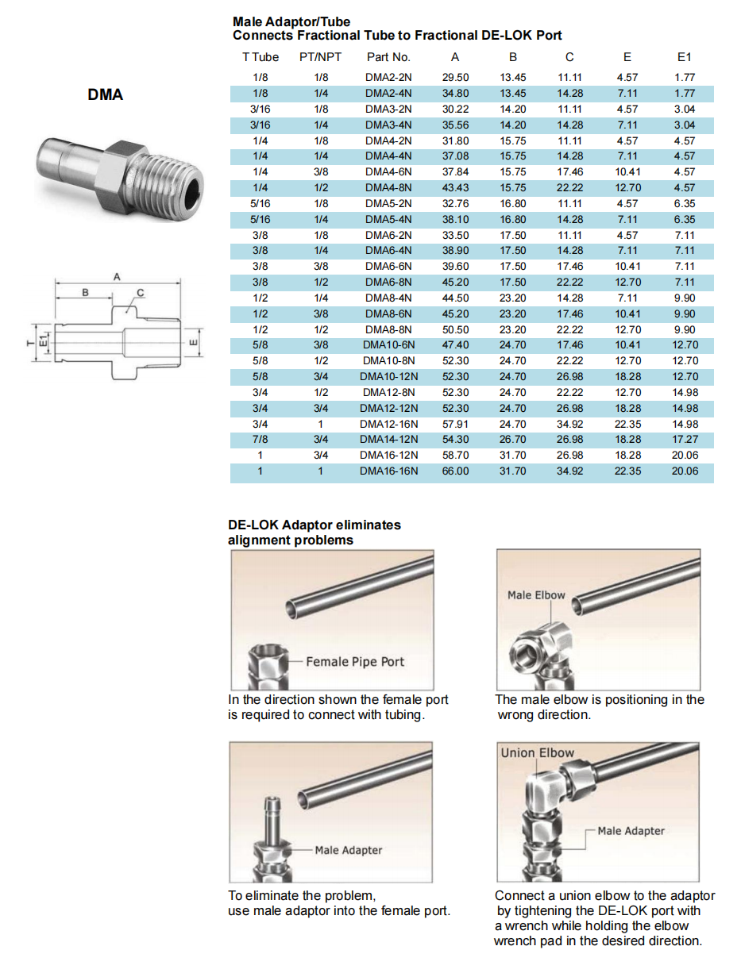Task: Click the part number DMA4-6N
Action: (x=388, y=172)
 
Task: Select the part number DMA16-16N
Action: (x=388, y=471)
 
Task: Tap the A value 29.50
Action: (x=455, y=78)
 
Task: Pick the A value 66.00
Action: (x=455, y=471)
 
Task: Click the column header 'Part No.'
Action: (x=388, y=57)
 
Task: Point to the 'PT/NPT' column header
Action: (x=321, y=57)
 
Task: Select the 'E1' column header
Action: (x=684, y=57)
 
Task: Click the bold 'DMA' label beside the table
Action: (x=106, y=94)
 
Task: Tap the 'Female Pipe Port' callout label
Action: (x=355, y=662)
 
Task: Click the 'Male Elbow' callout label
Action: (x=536, y=595)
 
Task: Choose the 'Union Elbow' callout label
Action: (x=537, y=753)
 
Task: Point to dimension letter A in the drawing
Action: (x=117, y=277)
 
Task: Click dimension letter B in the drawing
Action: (x=86, y=293)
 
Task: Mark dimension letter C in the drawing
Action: (x=141, y=293)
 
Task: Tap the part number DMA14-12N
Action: (x=388, y=440)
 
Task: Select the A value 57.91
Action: (x=455, y=425)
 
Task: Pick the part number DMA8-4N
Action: (x=388, y=298)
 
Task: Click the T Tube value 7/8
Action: (x=260, y=440)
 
